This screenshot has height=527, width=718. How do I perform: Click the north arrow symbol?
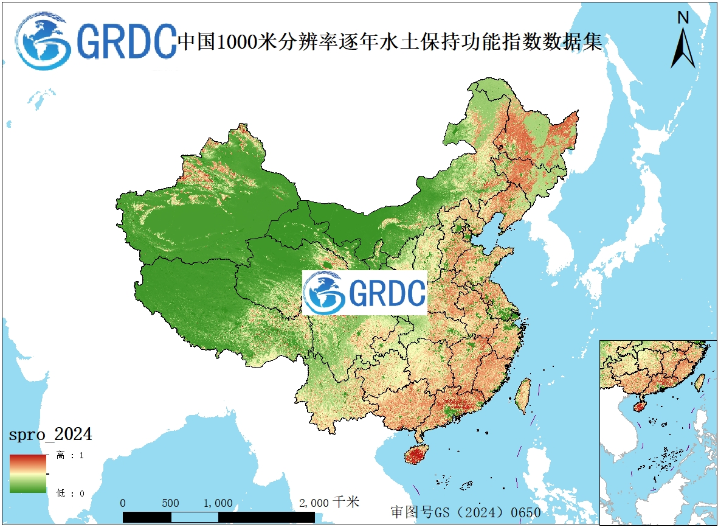pyautogui.click(x=683, y=49)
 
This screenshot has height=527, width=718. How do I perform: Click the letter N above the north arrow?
pyautogui.click(x=683, y=18)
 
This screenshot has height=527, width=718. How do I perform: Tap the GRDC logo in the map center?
pyautogui.click(x=365, y=293)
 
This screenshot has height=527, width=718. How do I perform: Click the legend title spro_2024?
pyautogui.click(x=50, y=435)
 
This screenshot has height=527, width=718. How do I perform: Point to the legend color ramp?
pyautogui.click(x=27, y=473)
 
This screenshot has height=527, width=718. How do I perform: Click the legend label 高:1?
pyautogui.click(x=70, y=455)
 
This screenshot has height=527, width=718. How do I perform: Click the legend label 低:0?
pyautogui.click(x=70, y=493)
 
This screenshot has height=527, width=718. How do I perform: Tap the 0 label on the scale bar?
pyautogui.click(x=123, y=503)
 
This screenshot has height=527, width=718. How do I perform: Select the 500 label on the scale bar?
pyautogui.click(x=171, y=503)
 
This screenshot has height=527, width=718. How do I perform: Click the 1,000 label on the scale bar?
pyautogui.click(x=218, y=503)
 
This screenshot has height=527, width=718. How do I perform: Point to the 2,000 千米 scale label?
pyautogui.click(x=330, y=503)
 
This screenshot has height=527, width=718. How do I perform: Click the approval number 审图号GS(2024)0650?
pyautogui.click(x=465, y=512)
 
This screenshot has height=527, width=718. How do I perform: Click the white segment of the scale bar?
pyautogui.click(x=195, y=517)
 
